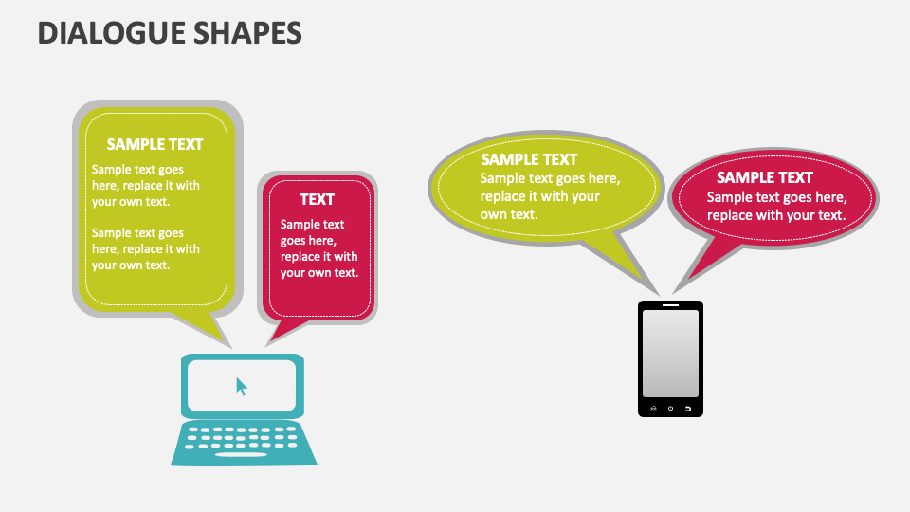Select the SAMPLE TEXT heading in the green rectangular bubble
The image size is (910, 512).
[155, 144]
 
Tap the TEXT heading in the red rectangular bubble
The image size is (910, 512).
[317, 199]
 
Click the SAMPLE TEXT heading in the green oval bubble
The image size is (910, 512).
[529, 159]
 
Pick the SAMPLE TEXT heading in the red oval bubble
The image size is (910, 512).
[765, 177]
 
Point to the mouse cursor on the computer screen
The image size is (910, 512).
[242, 387]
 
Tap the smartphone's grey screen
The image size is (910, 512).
[670, 353]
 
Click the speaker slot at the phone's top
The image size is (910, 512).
[670, 305]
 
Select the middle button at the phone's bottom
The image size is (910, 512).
[670, 409]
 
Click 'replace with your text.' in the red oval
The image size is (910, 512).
[776, 215]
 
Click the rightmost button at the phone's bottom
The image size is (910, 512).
[687, 409]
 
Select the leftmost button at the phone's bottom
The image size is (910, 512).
[653, 409]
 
